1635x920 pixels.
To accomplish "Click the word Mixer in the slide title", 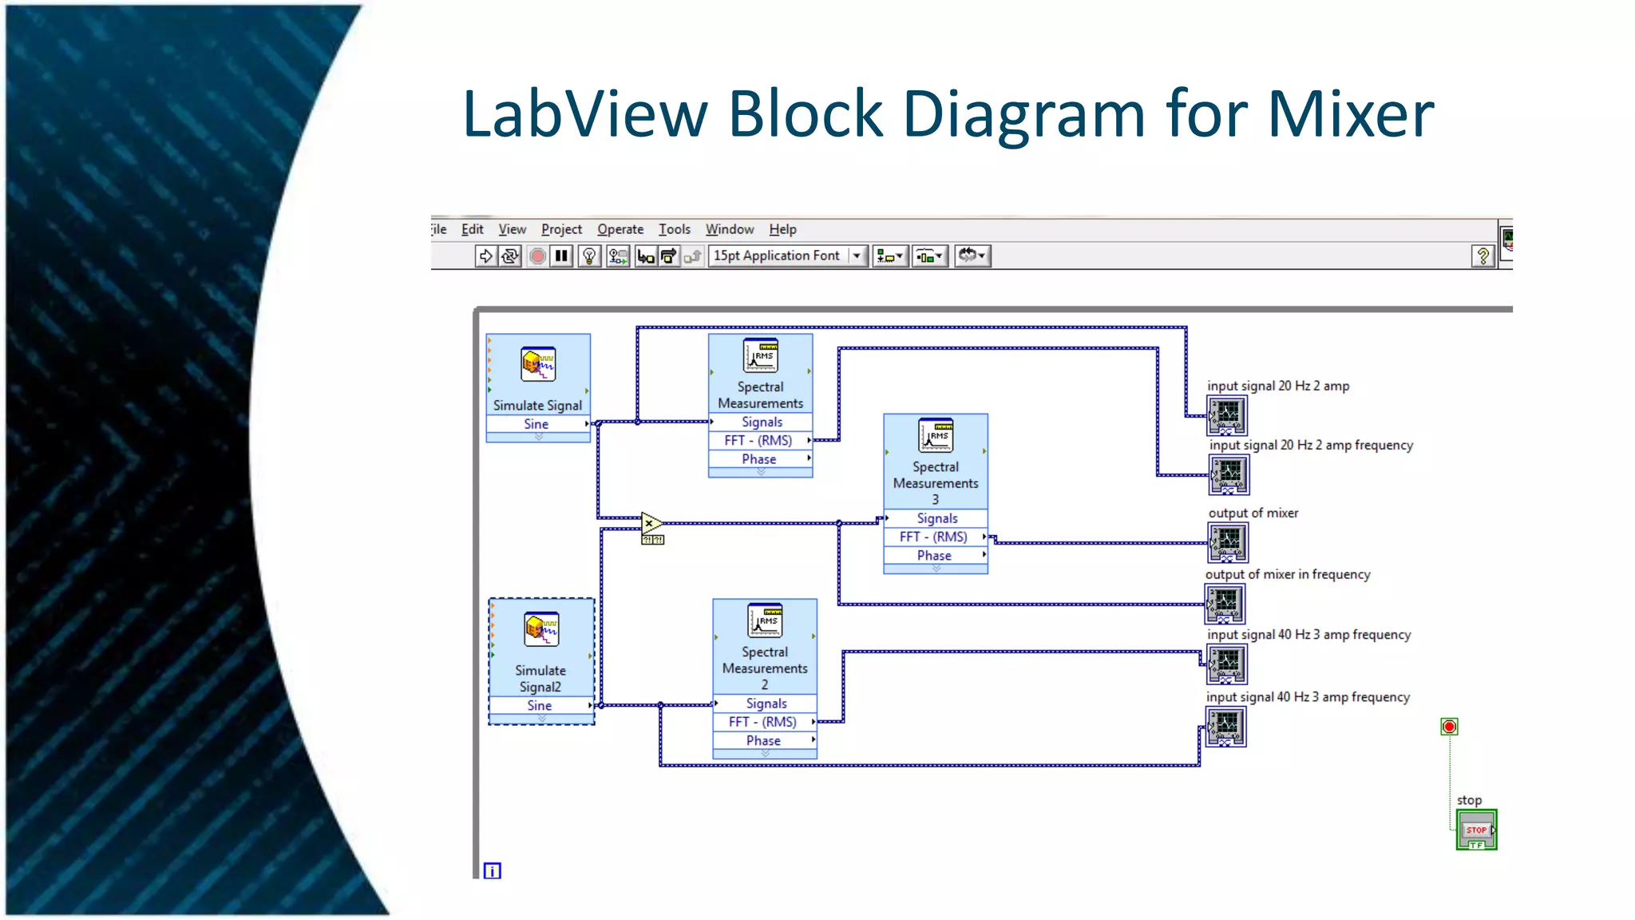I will [1351, 114].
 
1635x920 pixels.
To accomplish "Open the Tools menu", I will [674, 229].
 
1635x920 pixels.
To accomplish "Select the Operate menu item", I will [620, 229].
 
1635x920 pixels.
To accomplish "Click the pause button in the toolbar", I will [561, 256].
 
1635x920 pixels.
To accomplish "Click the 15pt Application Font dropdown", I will [786, 256].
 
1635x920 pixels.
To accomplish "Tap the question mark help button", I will [1483, 256].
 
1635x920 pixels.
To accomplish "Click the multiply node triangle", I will [651, 523].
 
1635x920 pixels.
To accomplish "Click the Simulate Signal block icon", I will [538, 364].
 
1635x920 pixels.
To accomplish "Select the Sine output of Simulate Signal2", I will [540, 705].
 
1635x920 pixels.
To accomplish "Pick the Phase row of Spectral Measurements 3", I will [934, 555].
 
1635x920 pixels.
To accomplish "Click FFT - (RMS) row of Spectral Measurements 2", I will [762, 721].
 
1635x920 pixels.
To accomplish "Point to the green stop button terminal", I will [1475, 830].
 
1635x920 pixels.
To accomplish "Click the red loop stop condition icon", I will [1449, 726].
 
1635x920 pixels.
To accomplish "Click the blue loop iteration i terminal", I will [493, 870].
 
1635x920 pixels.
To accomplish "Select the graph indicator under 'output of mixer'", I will [1227, 542].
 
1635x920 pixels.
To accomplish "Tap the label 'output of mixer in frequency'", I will [1287, 574].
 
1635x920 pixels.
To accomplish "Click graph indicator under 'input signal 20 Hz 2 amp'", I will [1226, 415].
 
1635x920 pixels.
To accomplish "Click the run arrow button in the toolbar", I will [485, 256].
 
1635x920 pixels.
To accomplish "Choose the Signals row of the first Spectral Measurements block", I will [762, 422].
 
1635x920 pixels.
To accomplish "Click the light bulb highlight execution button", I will [589, 256].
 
